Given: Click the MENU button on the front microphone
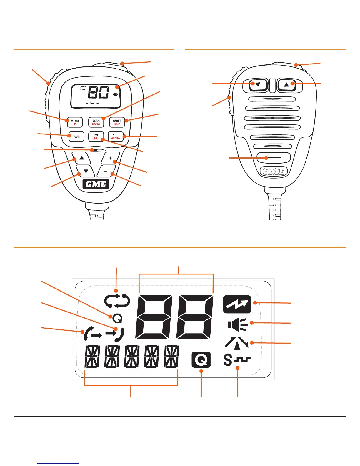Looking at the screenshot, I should pos(74,122).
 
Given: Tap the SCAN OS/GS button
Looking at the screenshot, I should pos(96,122).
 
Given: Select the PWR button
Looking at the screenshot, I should pos(76,137).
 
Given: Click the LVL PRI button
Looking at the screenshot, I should pos(96,137).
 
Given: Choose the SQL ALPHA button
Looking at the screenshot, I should pos(116,137).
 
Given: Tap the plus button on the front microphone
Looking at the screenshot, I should pos(110,158).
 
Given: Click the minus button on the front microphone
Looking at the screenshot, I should pos(106,171).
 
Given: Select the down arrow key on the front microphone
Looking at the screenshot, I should pos(86,171).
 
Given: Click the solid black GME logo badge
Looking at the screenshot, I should pos(96,184).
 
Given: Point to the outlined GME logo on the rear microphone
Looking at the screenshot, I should pos(274,171).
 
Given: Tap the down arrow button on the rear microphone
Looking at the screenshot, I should pos(258,85).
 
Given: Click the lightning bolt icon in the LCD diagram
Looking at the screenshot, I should pos(237,304).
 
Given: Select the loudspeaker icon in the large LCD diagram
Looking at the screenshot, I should pos(237,324).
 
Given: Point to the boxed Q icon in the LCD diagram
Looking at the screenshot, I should pos(201,360).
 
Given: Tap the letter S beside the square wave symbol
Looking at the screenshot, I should pos(228,360).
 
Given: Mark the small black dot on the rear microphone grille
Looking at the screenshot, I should pos(272,118).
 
